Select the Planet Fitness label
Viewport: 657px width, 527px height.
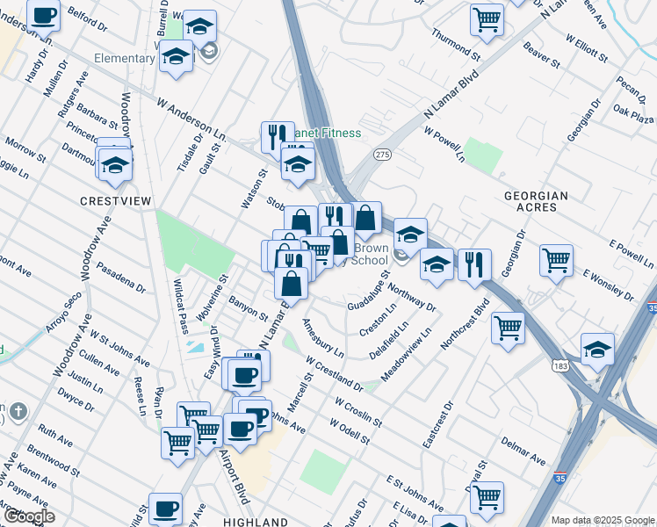pyautogui.click(x=327, y=133)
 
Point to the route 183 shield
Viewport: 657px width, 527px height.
pyautogui.click(x=559, y=364)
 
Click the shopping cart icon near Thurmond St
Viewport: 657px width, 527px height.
pyautogui.click(x=487, y=18)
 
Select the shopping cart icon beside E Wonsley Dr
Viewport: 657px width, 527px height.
pyautogui.click(x=556, y=260)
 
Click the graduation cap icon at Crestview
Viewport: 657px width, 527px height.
pyautogui.click(x=115, y=164)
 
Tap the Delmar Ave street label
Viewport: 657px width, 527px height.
pyautogui.click(x=523, y=455)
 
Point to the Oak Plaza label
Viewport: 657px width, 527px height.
pyautogui.click(x=633, y=115)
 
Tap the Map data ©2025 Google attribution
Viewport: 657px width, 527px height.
pyautogui.click(x=603, y=520)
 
